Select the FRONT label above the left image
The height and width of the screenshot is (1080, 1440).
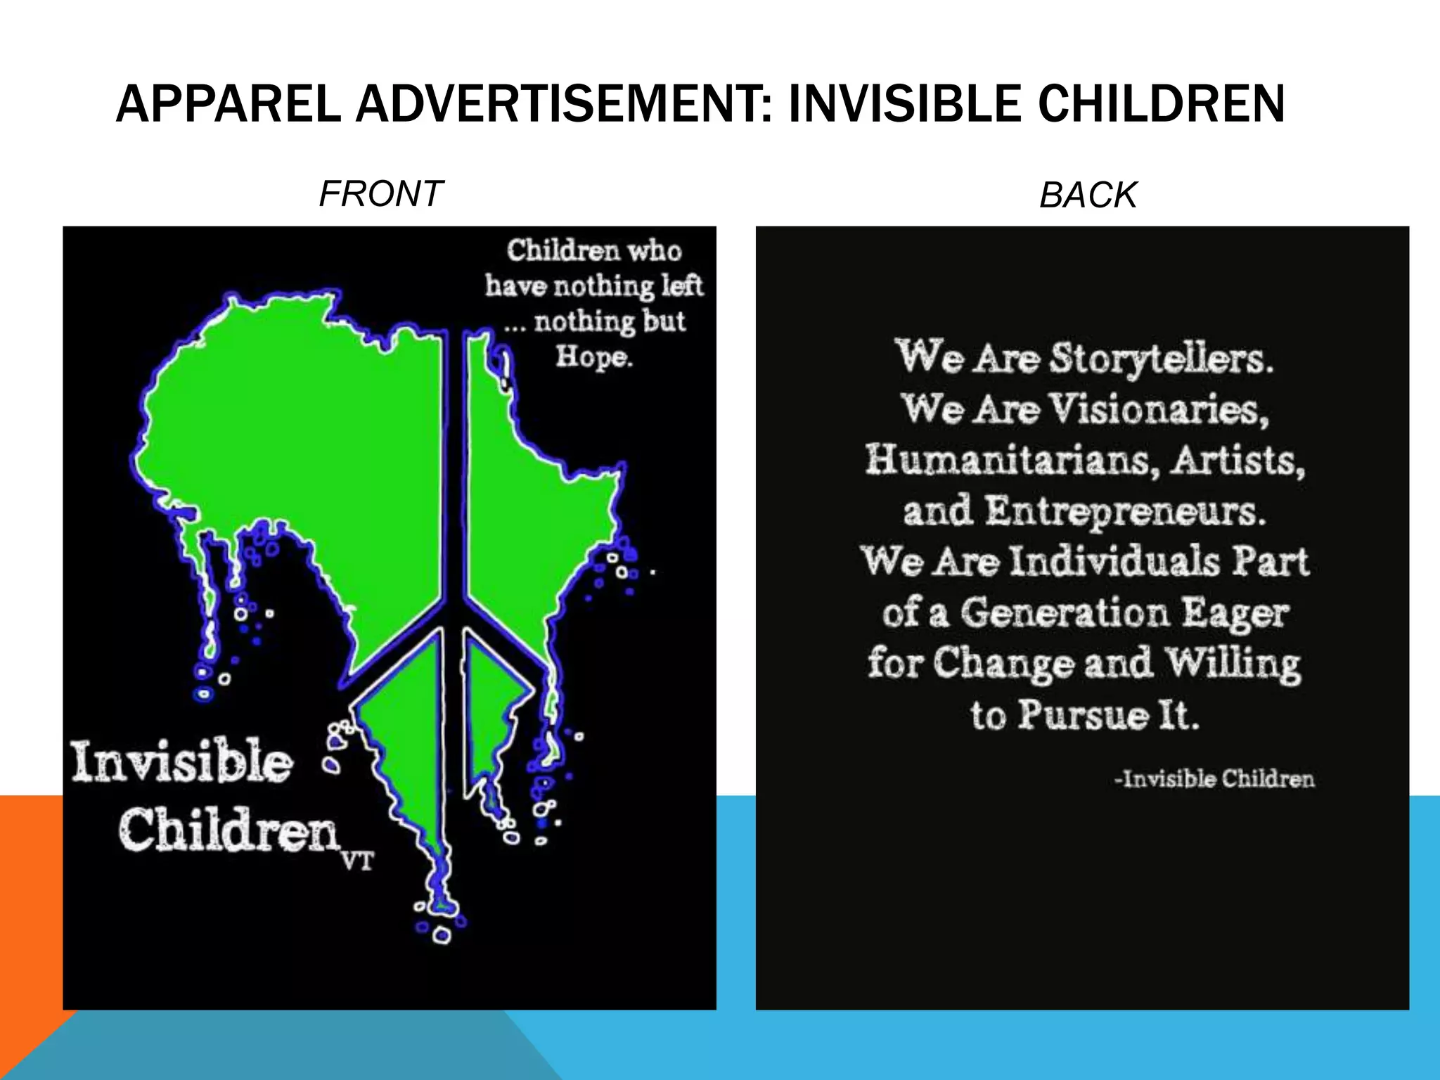point(380,193)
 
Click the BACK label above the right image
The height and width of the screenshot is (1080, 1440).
point(1088,195)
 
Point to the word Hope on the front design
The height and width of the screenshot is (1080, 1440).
point(593,356)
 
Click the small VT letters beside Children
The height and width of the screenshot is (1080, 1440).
point(358,861)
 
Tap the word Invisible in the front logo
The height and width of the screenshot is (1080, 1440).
point(182,761)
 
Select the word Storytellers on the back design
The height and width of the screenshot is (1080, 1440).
point(1161,359)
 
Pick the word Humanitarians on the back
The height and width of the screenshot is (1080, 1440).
point(1011,460)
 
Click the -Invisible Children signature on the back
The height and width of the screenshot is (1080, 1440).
point(1214,779)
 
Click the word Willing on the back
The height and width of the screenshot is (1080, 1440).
point(1233,664)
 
